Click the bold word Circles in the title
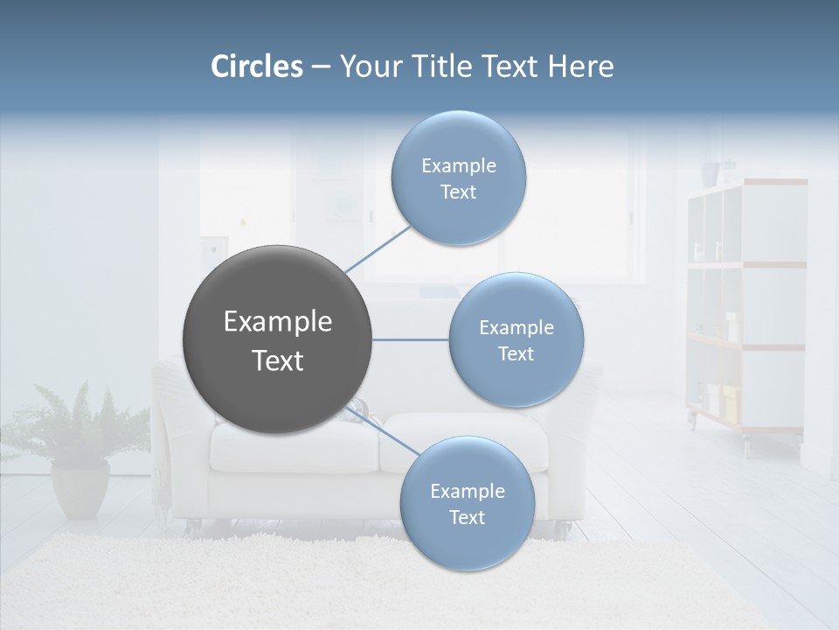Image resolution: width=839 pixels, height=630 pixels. (x=256, y=66)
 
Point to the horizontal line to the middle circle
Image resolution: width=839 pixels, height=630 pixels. (x=411, y=339)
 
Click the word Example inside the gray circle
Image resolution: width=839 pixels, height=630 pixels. (x=277, y=322)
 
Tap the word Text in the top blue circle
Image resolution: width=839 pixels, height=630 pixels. (x=458, y=192)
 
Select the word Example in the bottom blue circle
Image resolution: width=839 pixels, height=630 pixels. (x=467, y=491)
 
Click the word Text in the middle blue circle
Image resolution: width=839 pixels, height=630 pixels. (x=516, y=353)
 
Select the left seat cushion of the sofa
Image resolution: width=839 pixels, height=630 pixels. (x=293, y=446)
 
